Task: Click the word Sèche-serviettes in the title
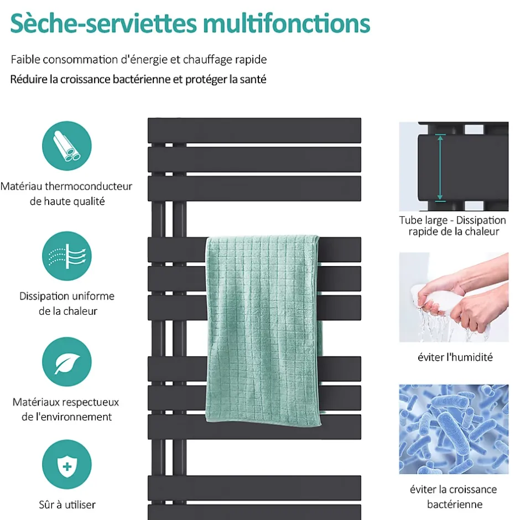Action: [x=103, y=23]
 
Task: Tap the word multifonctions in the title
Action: [x=287, y=23]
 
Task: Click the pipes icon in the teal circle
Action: [x=66, y=146]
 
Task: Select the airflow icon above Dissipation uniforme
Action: [x=66, y=256]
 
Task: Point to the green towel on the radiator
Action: [x=264, y=330]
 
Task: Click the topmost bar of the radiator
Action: [x=254, y=131]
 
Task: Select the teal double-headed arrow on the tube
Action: [x=440, y=168]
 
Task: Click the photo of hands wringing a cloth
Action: [x=454, y=297]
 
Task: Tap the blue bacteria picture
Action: [x=454, y=429]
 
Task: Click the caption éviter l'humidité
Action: [x=455, y=357]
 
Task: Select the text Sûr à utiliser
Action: [x=67, y=505]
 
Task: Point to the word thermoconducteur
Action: [x=89, y=186]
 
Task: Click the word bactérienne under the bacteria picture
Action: [x=455, y=505]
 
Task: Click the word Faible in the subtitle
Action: [x=25, y=59]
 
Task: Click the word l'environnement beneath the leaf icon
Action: [x=71, y=417]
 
